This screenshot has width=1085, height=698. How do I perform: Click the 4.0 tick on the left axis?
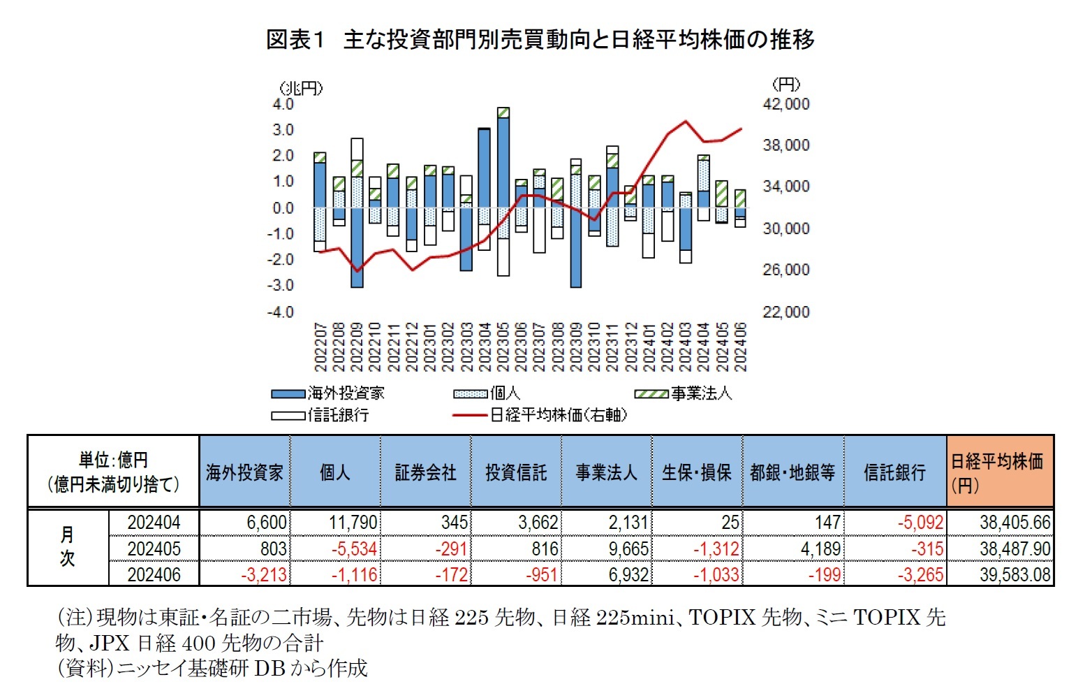283,104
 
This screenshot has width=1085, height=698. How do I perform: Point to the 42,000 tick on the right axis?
785,104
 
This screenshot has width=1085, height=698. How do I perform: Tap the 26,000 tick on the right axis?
785,270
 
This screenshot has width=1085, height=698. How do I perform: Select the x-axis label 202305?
503,347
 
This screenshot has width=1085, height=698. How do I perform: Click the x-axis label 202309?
575,347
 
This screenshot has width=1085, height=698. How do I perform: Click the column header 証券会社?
425,473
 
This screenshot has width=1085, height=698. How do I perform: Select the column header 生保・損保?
696,473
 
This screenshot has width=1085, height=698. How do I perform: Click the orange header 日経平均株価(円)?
998,472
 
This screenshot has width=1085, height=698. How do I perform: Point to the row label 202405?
154,548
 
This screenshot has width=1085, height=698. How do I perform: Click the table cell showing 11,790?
353,523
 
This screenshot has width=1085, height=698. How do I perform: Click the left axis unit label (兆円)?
301,87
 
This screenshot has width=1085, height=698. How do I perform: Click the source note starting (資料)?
212,669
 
